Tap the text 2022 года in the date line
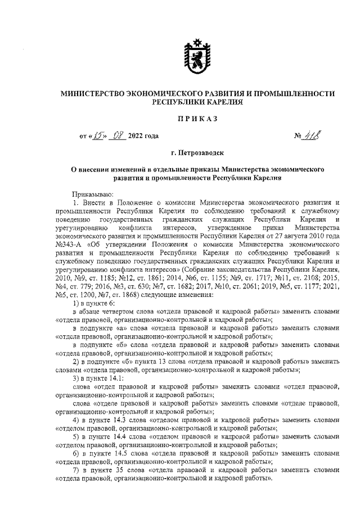click(x=144, y=136)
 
